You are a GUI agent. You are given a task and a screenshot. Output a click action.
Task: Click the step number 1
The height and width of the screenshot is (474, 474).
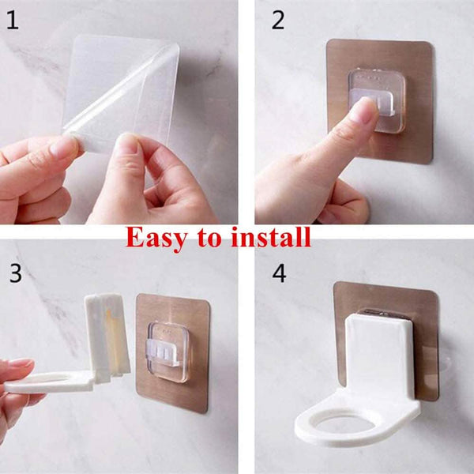(x=13, y=21)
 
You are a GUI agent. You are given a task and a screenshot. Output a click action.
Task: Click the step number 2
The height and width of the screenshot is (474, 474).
(x=278, y=21)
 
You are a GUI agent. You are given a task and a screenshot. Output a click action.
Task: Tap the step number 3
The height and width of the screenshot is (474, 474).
(x=16, y=273)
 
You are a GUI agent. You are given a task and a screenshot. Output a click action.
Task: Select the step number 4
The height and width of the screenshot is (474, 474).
(x=279, y=273)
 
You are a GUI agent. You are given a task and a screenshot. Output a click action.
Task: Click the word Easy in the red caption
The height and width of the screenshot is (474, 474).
(x=156, y=239)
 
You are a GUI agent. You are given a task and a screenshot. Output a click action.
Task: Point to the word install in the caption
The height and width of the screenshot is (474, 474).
(x=271, y=237)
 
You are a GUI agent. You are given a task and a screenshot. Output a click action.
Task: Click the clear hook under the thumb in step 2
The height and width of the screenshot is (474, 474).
(x=377, y=100)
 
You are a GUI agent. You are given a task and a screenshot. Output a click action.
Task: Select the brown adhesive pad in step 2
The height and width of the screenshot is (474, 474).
(x=380, y=101)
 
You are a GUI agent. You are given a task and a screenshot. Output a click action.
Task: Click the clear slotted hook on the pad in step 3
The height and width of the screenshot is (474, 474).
(x=167, y=352)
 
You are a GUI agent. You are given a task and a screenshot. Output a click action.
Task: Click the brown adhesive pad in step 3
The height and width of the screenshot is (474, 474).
(x=173, y=352)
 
